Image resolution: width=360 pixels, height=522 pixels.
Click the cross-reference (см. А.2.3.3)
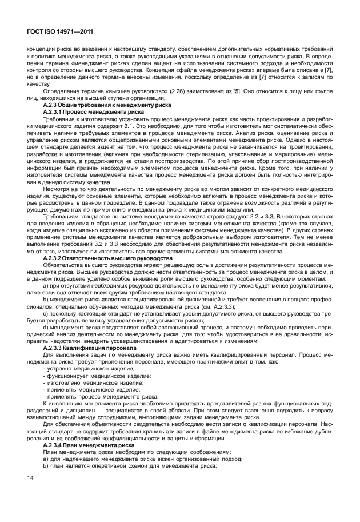click(217, 306)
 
